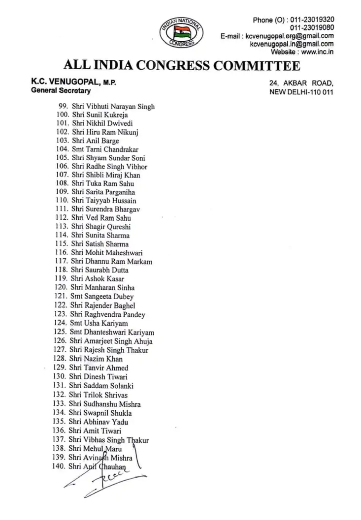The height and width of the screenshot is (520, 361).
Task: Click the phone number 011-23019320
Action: pos(312,20)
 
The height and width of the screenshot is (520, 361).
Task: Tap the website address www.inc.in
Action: pos(317,52)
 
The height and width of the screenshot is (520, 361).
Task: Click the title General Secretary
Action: pos(61,91)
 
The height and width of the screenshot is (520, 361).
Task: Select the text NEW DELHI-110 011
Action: pos(301,92)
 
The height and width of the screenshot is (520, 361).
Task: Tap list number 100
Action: pos(63,115)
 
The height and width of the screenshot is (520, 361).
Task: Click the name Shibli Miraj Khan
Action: pos(113,175)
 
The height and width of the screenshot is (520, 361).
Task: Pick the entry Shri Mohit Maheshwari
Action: pos(107,253)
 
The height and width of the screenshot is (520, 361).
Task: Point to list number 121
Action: pos(61,296)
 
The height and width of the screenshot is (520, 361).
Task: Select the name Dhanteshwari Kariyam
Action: pos(119,332)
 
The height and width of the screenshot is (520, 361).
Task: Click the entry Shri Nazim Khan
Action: pos(96,359)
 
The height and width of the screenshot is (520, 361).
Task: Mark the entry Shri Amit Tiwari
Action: pos(95,431)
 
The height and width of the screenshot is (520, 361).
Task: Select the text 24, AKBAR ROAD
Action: pos(301,83)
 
